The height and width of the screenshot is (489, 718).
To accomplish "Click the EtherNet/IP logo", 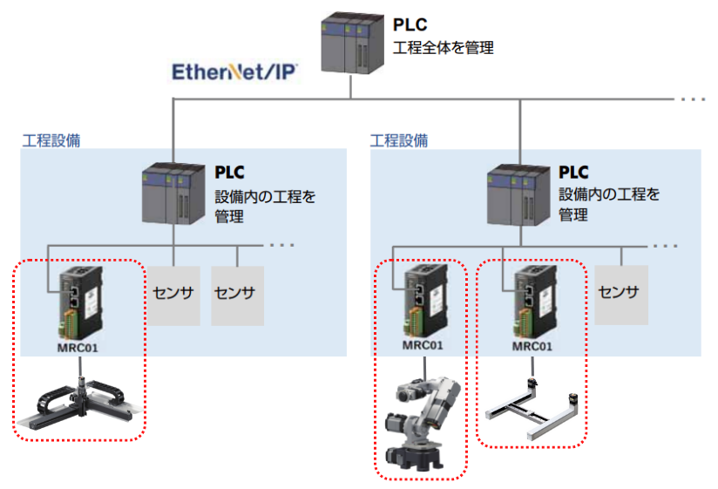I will pos(235,71).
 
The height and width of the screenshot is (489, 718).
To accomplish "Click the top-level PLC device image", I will pos(349,45).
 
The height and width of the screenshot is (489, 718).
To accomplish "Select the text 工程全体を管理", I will pos(444,48).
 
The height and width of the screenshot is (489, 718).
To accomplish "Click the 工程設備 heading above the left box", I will pos(51,139).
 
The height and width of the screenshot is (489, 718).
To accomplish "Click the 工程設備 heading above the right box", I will pos(399,139).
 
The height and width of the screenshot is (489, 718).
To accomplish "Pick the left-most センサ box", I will pos(173,293).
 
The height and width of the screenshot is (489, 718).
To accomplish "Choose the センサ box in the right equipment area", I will pos(620,292).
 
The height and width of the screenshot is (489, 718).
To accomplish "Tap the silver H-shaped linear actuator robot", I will pos(532,410).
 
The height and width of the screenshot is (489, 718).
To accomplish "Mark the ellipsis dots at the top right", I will pos(694,99).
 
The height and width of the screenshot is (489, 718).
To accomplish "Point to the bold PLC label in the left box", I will pos(232,173).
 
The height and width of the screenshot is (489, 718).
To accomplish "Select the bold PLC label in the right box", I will pos(573,173).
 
